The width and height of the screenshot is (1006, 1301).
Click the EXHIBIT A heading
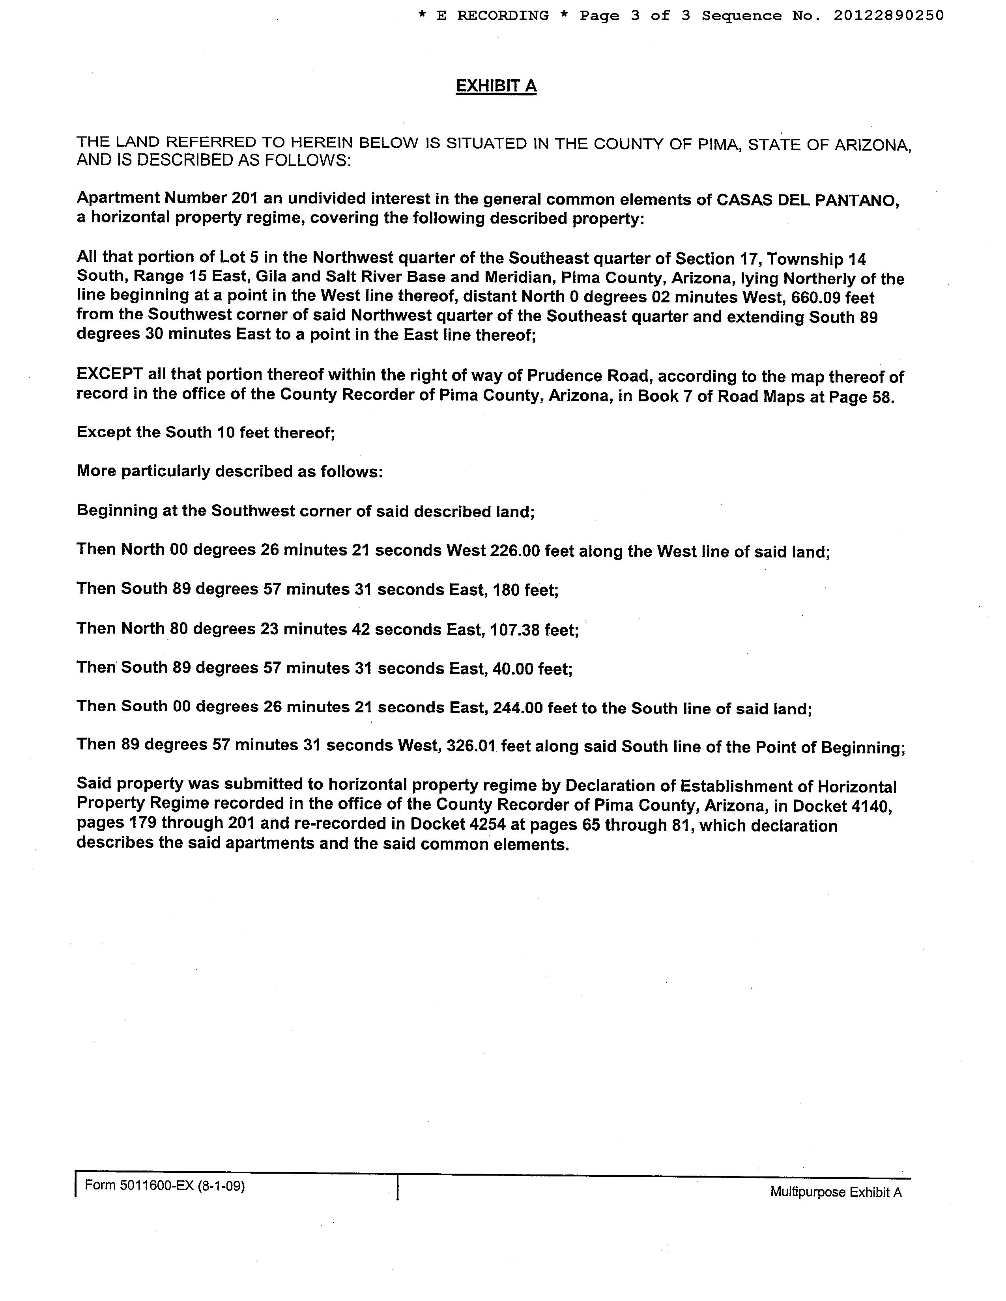pyautogui.click(x=496, y=86)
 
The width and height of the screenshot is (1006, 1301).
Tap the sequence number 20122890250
pyautogui.click(x=888, y=15)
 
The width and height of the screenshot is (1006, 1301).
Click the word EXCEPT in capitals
pyautogui.click(x=110, y=374)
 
